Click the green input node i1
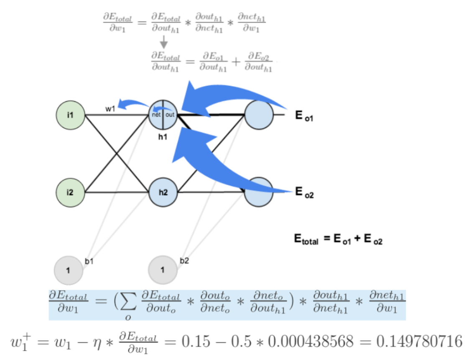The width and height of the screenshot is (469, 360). pyautogui.click(x=70, y=114)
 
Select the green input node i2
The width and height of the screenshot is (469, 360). pyautogui.click(x=70, y=192)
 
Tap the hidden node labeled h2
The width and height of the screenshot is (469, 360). pyautogui.click(x=163, y=192)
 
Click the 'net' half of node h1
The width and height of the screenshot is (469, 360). pyautogui.click(x=156, y=114)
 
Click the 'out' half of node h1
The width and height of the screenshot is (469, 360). pyautogui.click(x=170, y=114)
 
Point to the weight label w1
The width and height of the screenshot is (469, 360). pyautogui.click(x=110, y=109)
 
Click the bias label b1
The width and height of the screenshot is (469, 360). pyautogui.click(x=89, y=261)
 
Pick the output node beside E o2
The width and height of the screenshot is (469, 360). pyautogui.click(x=259, y=192)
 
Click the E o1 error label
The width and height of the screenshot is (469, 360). pyautogui.click(x=304, y=116)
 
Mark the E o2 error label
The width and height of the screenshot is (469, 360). pyautogui.click(x=304, y=192)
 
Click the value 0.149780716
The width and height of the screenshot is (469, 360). pyautogui.click(x=419, y=342)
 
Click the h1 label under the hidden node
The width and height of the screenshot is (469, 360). pyautogui.click(x=163, y=136)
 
